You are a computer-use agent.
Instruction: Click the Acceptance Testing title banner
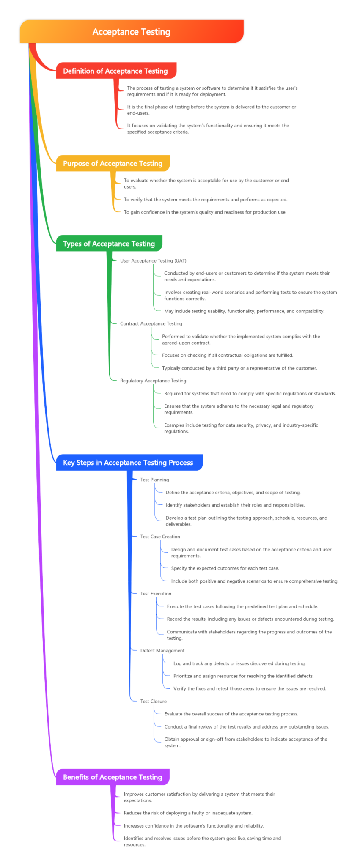click(x=132, y=32)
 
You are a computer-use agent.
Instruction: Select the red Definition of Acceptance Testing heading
click(x=115, y=71)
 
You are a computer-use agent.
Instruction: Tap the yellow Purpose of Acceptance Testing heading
click(x=113, y=164)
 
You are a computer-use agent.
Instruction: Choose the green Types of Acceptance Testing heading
click(x=109, y=244)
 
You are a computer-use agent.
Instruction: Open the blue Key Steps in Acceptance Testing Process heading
click(x=128, y=463)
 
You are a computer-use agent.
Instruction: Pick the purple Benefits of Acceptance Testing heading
click(x=113, y=777)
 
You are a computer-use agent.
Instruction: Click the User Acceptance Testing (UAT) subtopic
click(x=153, y=261)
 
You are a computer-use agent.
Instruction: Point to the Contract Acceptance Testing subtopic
click(x=151, y=324)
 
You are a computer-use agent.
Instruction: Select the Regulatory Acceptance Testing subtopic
click(x=153, y=381)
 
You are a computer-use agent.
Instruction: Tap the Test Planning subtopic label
click(x=154, y=480)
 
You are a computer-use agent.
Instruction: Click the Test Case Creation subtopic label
click(x=160, y=537)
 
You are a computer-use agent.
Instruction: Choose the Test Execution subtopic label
click(x=156, y=594)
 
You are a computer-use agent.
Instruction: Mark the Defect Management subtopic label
click(x=162, y=651)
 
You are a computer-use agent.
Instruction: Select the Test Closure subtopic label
click(x=153, y=702)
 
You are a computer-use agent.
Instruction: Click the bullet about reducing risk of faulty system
click(x=188, y=813)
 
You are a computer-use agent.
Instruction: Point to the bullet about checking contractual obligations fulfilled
click(x=228, y=356)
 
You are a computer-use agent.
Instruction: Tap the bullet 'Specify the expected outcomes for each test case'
click(x=225, y=568)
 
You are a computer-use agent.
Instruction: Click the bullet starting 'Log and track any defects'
click(x=239, y=664)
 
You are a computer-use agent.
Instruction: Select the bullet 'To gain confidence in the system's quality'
click(x=205, y=212)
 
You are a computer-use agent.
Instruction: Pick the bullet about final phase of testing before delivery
click(x=212, y=110)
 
